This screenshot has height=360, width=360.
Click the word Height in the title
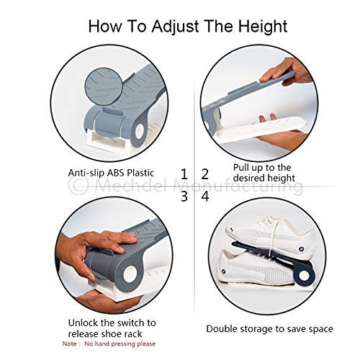coord(263,27)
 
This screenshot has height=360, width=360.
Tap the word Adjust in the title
coord(175,27)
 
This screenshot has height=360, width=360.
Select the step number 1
coord(184,174)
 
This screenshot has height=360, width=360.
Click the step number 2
coord(204,174)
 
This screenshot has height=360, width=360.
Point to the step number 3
coord(184,196)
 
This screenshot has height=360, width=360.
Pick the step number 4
coord(205,196)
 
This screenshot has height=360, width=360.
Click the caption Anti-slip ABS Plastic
coord(111,173)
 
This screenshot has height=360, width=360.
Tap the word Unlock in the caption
coord(83,323)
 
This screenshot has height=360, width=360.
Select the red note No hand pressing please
coord(120,343)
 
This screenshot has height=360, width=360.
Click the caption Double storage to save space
coord(269,329)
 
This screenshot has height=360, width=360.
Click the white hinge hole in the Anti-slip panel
coord(140,132)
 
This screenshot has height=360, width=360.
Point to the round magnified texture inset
coord(104,86)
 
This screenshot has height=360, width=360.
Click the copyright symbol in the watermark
coord(78,186)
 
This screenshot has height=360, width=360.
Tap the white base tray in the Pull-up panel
coord(261,130)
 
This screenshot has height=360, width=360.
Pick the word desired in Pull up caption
coord(247,178)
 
